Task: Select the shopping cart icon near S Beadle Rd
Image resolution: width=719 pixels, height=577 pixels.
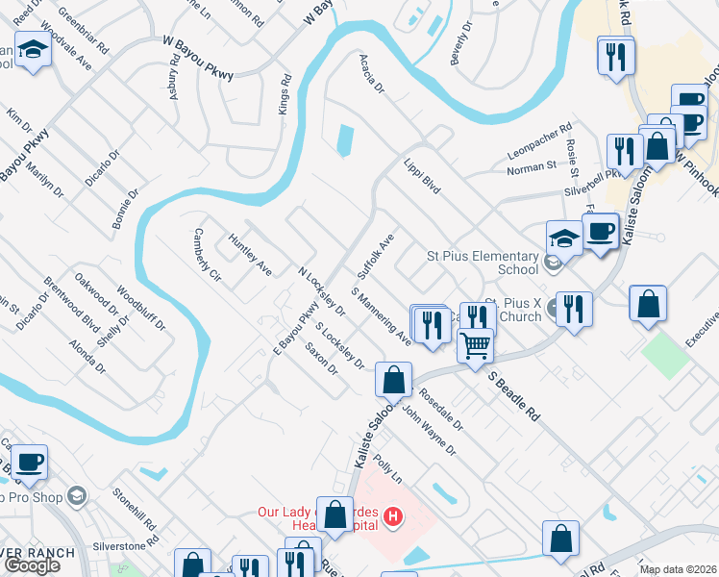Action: pyautogui.click(x=475, y=344)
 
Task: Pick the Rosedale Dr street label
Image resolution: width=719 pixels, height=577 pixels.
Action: pyautogui.click(x=441, y=410)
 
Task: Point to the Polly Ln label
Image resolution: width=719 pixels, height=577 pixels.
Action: pyautogui.click(x=387, y=470)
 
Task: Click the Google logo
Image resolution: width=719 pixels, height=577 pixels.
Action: pyautogui.click(x=32, y=565)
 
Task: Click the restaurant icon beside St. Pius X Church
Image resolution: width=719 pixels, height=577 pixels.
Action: pyautogui.click(x=574, y=310)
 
